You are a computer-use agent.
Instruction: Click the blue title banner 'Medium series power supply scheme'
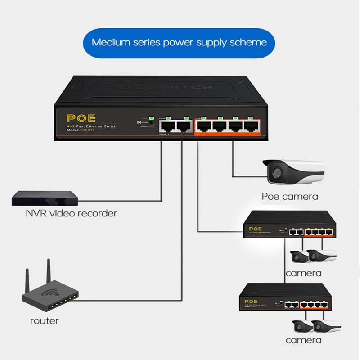(180, 43)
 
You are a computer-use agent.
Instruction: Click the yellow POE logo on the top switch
(81, 118)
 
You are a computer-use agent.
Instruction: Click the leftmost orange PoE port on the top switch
(203, 127)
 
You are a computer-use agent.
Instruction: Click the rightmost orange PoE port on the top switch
(250, 127)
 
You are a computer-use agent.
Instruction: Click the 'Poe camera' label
(290, 196)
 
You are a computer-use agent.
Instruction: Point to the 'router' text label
(44, 321)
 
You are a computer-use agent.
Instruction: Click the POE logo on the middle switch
(255, 229)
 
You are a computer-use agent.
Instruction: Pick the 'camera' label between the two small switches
(303, 273)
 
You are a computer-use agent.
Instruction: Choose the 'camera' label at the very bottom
(304, 341)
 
